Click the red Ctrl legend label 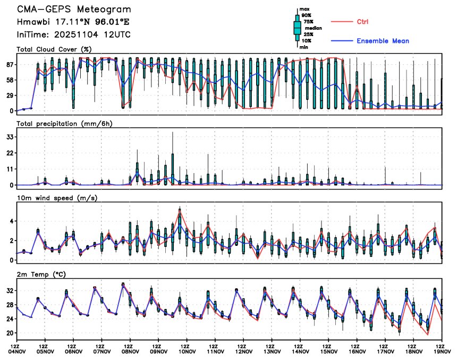click(x=363, y=22)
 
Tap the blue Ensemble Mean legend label click(x=383, y=41)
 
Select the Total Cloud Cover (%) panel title click(x=54, y=49)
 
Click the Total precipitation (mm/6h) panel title click(x=65, y=124)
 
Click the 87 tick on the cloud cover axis click(x=9, y=64)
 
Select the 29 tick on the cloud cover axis click(x=9, y=95)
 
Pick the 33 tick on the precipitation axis click(x=9, y=137)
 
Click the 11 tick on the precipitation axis click(x=10, y=169)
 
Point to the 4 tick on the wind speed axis click(x=12, y=221)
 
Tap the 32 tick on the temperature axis click(x=9, y=291)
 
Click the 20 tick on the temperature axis click(x=9, y=333)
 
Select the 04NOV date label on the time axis click(x=17, y=350)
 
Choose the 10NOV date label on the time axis click(x=187, y=350)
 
